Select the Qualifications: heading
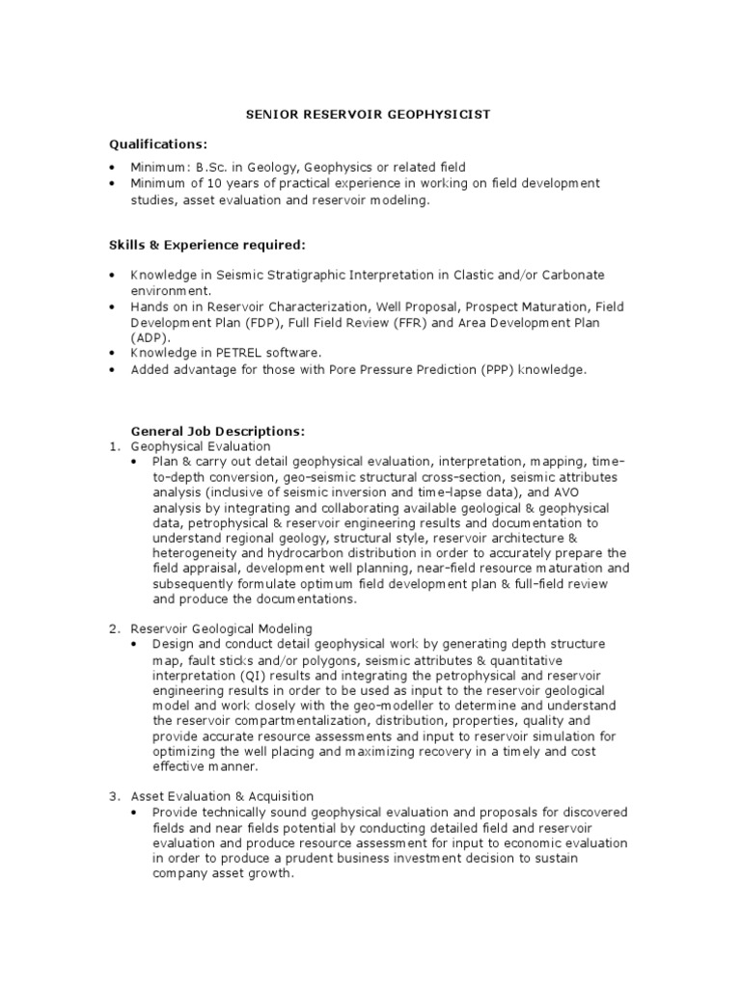pos(157,144)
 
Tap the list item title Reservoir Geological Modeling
pos(223,628)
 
